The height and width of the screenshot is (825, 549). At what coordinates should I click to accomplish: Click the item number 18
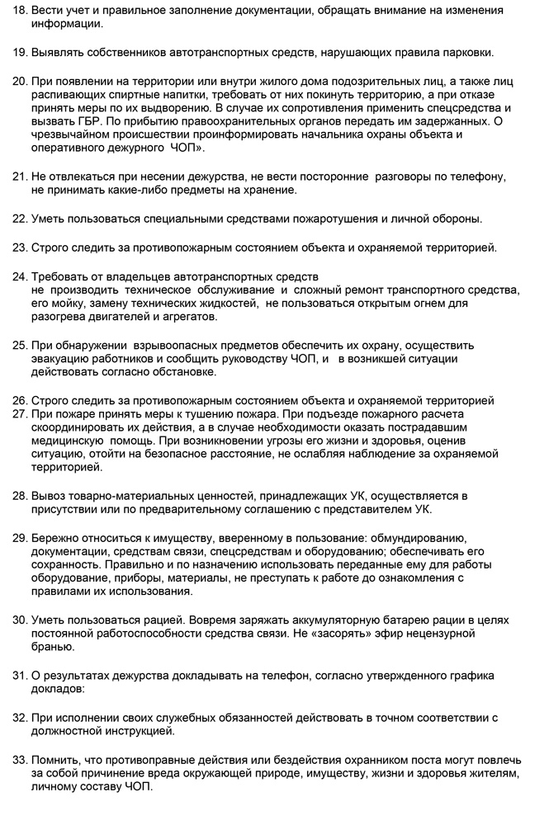coord(19,10)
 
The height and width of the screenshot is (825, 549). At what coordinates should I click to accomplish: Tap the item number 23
coord(19,247)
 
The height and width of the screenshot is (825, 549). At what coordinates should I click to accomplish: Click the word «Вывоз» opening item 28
coord(49,495)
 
